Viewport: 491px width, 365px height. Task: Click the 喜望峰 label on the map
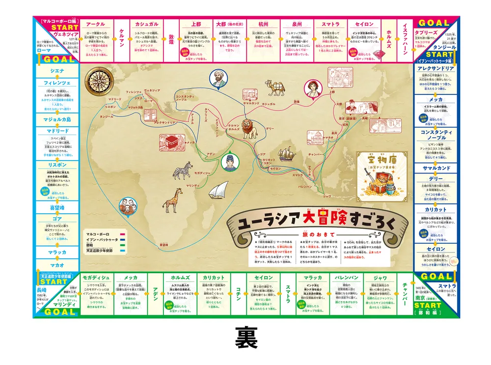(x=164, y=244)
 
